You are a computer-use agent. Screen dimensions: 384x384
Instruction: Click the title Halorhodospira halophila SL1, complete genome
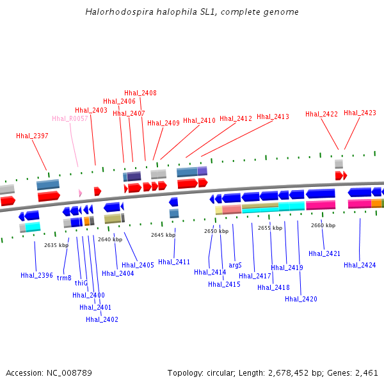tap(191, 12)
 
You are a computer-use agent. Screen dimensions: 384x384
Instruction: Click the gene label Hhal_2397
tap(32, 136)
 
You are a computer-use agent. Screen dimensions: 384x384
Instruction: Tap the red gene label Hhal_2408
tap(140, 93)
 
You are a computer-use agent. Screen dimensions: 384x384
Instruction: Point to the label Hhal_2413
tap(273, 116)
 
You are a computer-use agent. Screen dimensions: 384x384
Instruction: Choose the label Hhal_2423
tap(360, 113)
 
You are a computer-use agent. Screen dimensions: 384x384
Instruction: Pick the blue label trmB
tap(64, 278)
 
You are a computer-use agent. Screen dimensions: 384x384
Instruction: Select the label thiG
tap(81, 282)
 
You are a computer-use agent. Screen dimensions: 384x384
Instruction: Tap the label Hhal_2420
tap(301, 299)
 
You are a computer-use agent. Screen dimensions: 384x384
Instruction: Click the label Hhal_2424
tap(360, 265)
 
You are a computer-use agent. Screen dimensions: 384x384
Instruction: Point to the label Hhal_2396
tap(36, 275)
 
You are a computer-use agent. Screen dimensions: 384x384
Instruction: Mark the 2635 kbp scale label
tap(56, 245)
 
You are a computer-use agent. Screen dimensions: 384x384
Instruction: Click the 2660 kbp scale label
tap(323, 225)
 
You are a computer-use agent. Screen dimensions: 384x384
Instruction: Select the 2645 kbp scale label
tap(163, 235)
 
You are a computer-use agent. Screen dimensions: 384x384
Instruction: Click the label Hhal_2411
tap(174, 262)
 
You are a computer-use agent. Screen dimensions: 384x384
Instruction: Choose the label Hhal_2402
tap(102, 319)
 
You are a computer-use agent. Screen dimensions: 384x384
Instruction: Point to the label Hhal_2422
tap(321, 114)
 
